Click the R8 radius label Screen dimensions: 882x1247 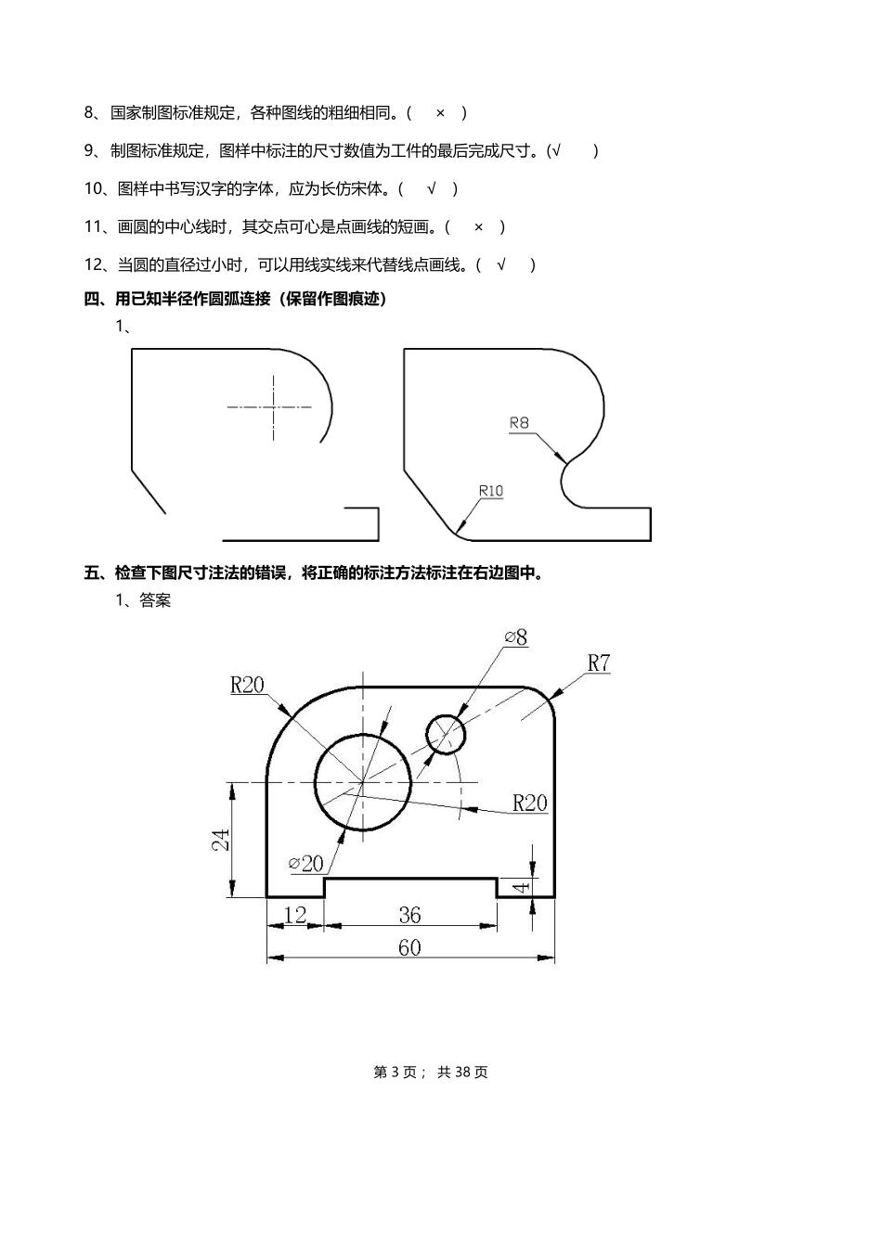click(x=519, y=423)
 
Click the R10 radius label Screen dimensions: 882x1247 click(x=490, y=490)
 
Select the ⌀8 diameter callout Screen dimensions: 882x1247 click(x=516, y=637)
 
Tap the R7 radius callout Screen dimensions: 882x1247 click(x=599, y=662)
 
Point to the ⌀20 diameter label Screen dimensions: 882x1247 click(x=306, y=863)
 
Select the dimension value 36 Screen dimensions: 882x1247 click(x=409, y=915)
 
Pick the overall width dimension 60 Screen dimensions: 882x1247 click(x=409, y=947)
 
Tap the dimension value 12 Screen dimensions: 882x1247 click(x=294, y=915)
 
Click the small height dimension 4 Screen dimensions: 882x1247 click(x=522, y=887)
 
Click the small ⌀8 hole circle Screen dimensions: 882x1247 click(x=446, y=733)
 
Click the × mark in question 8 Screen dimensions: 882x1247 click(x=440, y=113)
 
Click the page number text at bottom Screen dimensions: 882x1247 click(x=431, y=1073)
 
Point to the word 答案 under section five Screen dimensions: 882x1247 click(x=155, y=600)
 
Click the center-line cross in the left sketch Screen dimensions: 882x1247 click(x=274, y=406)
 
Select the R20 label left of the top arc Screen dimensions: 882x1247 click(x=247, y=685)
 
